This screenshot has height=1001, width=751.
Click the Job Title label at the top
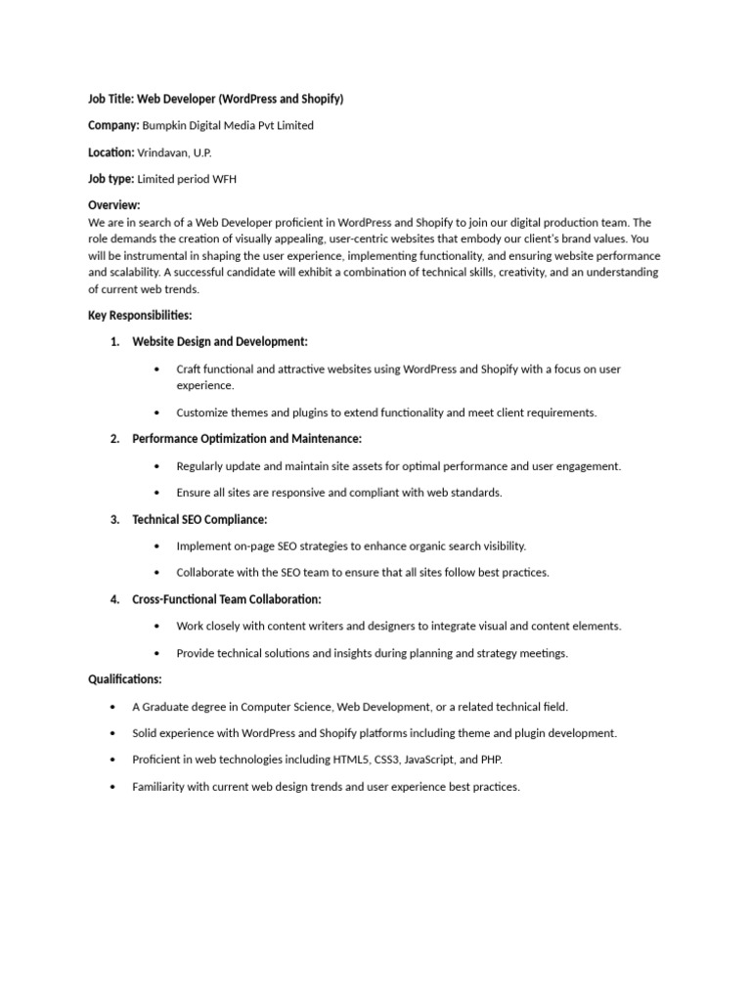point(110,99)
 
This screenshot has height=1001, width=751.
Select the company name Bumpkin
point(167,125)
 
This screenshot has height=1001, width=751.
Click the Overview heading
point(114,205)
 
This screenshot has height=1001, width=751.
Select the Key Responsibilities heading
point(140,316)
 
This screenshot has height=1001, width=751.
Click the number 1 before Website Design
point(113,342)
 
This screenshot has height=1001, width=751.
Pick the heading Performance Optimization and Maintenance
point(246,439)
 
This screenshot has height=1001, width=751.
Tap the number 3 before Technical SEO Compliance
point(113,519)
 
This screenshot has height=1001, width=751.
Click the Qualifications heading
point(125,679)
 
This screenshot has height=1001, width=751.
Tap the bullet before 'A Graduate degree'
point(113,707)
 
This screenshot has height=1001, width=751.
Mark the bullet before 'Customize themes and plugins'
point(157,413)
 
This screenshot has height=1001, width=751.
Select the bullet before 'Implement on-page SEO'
point(157,546)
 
